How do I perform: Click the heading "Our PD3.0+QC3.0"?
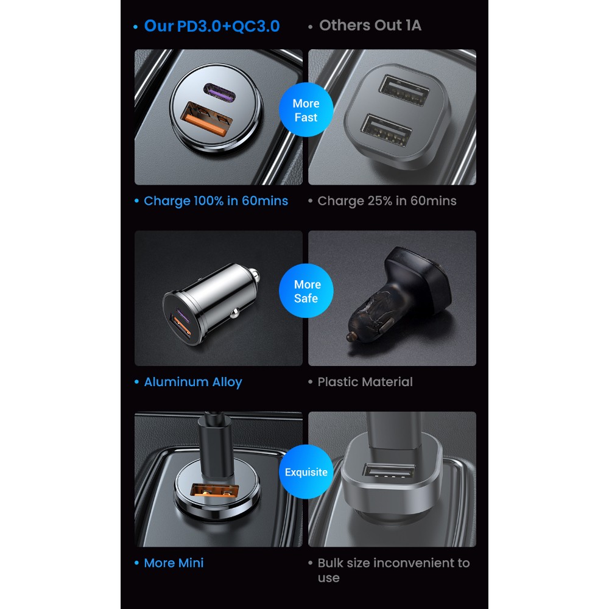(212, 26)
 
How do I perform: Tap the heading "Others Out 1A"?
(370, 25)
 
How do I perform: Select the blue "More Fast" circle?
(306, 110)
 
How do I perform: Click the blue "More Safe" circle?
(306, 291)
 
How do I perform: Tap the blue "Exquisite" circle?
(306, 472)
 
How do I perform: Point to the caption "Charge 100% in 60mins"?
(216, 201)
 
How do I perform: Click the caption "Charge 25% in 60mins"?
(387, 201)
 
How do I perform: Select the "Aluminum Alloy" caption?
(193, 382)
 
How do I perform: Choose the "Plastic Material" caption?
(365, 382)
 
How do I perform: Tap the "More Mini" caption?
(174, 563)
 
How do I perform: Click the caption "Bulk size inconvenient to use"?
(393, 570)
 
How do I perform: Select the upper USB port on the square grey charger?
(404, 90)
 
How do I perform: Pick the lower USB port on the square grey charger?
(387, 131)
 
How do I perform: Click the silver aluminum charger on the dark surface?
(211, 304)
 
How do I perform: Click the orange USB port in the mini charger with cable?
(214, 490)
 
